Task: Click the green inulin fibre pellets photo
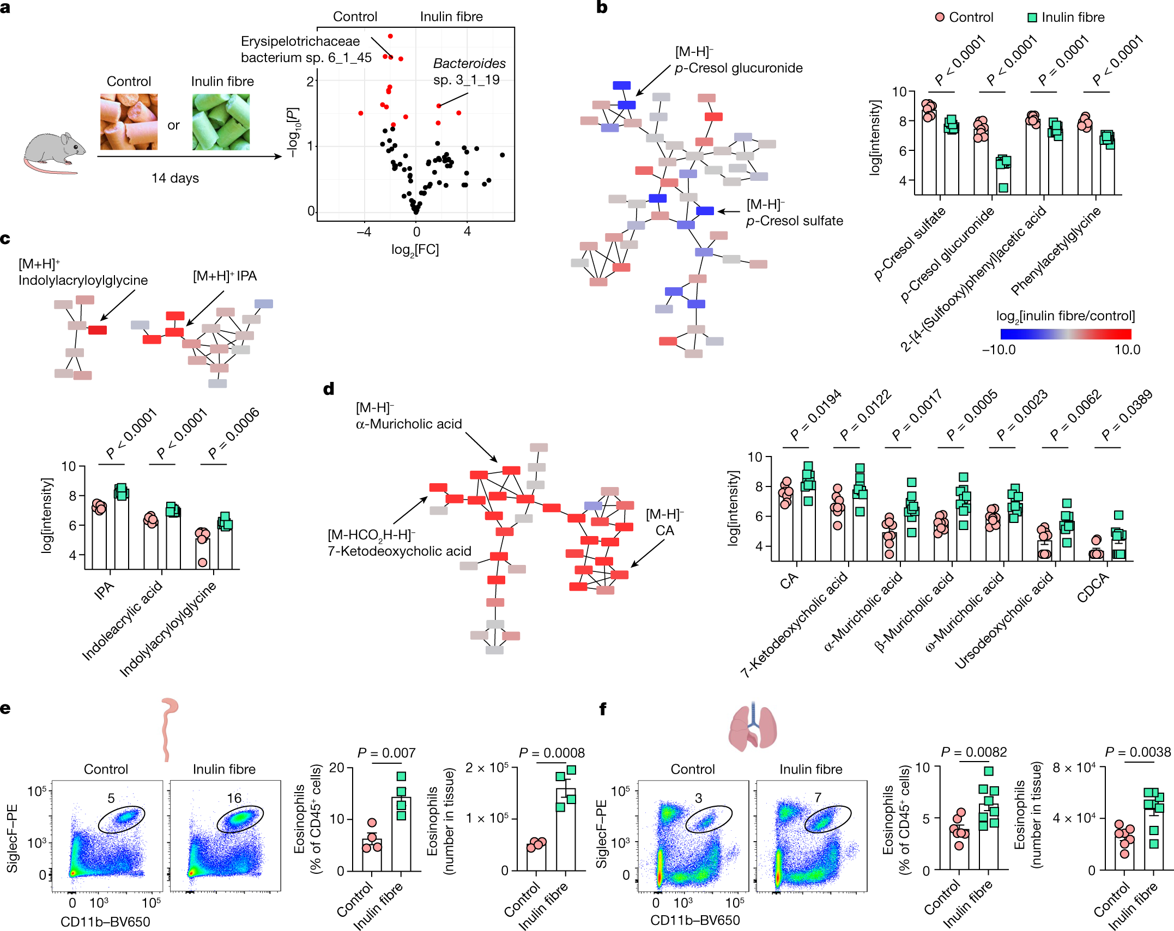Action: [x=221, y=121]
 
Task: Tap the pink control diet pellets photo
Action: [x=129, y=121]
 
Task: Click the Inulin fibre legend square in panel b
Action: [x=1032, y=17]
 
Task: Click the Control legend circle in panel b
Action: [x=940, y=17]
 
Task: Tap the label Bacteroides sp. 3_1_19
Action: [x=469, y=71]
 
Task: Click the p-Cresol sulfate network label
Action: [x=794, y=221]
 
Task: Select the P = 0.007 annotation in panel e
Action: [x=386, y=753]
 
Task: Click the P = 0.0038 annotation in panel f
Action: [x=1138, y=752]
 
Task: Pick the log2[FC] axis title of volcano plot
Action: [x=415, y=250]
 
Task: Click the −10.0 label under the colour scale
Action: [x=998, y=350]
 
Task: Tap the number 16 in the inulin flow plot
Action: [x=234, y=798]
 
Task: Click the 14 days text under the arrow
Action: [x=175, y=178]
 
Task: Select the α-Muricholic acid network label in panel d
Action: [x=408, y=423]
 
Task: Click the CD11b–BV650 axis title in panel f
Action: [x=695, y=920]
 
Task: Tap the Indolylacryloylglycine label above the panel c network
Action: [x=83, y=280]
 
